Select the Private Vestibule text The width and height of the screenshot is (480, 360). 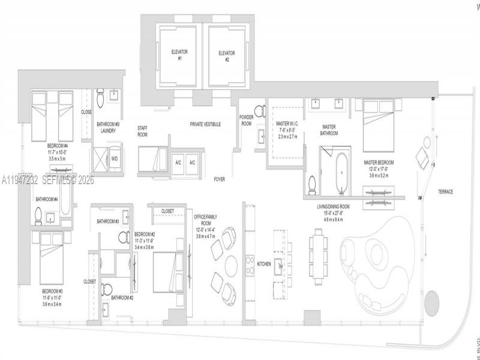(206, 124)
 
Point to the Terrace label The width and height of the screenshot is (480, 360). (445, 192)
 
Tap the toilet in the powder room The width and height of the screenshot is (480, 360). (260, 110)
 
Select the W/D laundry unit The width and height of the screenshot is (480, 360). (114, 158)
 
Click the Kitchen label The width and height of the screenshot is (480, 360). (264, 264)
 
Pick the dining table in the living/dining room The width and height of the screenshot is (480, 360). (318, 258)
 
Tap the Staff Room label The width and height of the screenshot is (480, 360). (143, 131)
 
